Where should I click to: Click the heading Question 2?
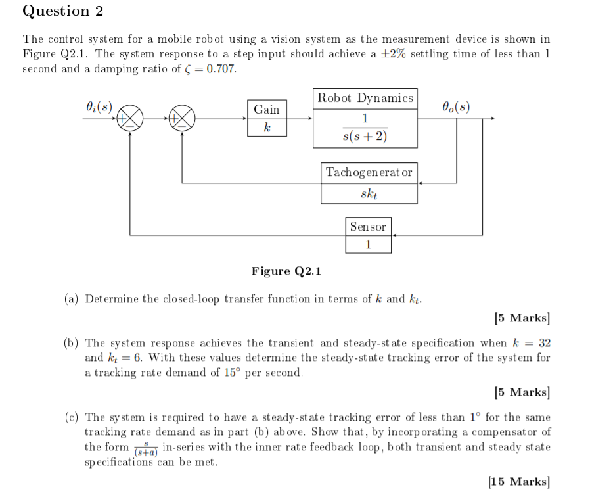coord(63,11)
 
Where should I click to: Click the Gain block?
coord(267,118)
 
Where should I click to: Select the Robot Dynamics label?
coord(365,98)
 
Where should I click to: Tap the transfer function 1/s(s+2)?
coord(365,128)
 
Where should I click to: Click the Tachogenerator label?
coord(369,172)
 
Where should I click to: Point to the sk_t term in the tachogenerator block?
coord(369,194)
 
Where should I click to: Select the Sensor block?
coord(368,235)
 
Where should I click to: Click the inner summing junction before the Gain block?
coord(182,118)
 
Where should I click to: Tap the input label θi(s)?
coord(99,106)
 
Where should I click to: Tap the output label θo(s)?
coord(456,106)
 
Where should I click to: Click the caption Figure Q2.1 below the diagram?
coord(286,271)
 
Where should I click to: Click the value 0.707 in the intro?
coord(221,69)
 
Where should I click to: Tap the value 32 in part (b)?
coord(543,343)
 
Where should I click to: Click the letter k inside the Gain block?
coord(266,127)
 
